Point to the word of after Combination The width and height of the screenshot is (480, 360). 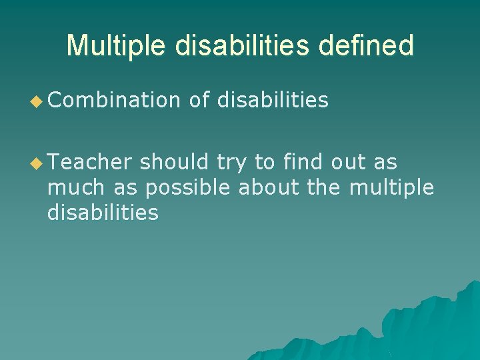pyautogui.click(x=200, y=100)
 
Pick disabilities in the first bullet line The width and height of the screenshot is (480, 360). pyautogui.click(x=273, y=100)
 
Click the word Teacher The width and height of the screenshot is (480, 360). pyautogui.click(x=90, y=162)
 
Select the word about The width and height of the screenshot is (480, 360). pyautogui.click(x=269, y=188)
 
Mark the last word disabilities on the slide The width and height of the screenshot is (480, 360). pyautogui.click(x=103, y=213)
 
